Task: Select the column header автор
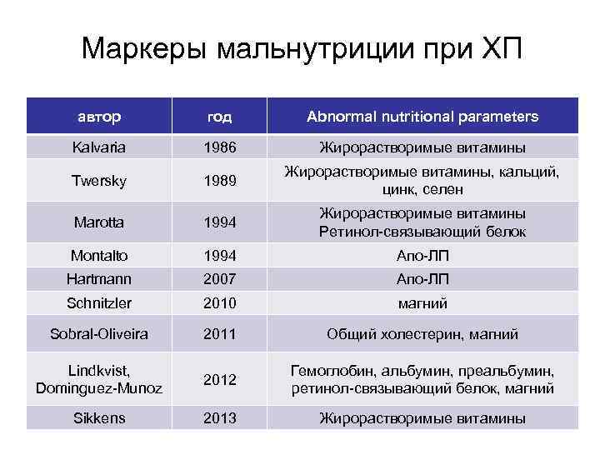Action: [99, 117]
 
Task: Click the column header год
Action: [220, 117]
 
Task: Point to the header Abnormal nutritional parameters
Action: [422, 117]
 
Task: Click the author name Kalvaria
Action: [99, 148]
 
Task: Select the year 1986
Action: [220, 148]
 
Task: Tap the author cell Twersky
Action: [99, 181]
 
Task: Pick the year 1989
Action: [220, 181]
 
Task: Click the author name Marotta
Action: [99, 223]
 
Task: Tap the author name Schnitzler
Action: [99, 303]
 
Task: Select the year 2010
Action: [220, 303]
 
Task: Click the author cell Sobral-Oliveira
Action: [99, 334]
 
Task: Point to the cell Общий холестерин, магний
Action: [422, 334]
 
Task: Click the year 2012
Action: [220, 379]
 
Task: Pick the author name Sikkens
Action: [99, 417]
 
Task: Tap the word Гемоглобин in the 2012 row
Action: [327, 371]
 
